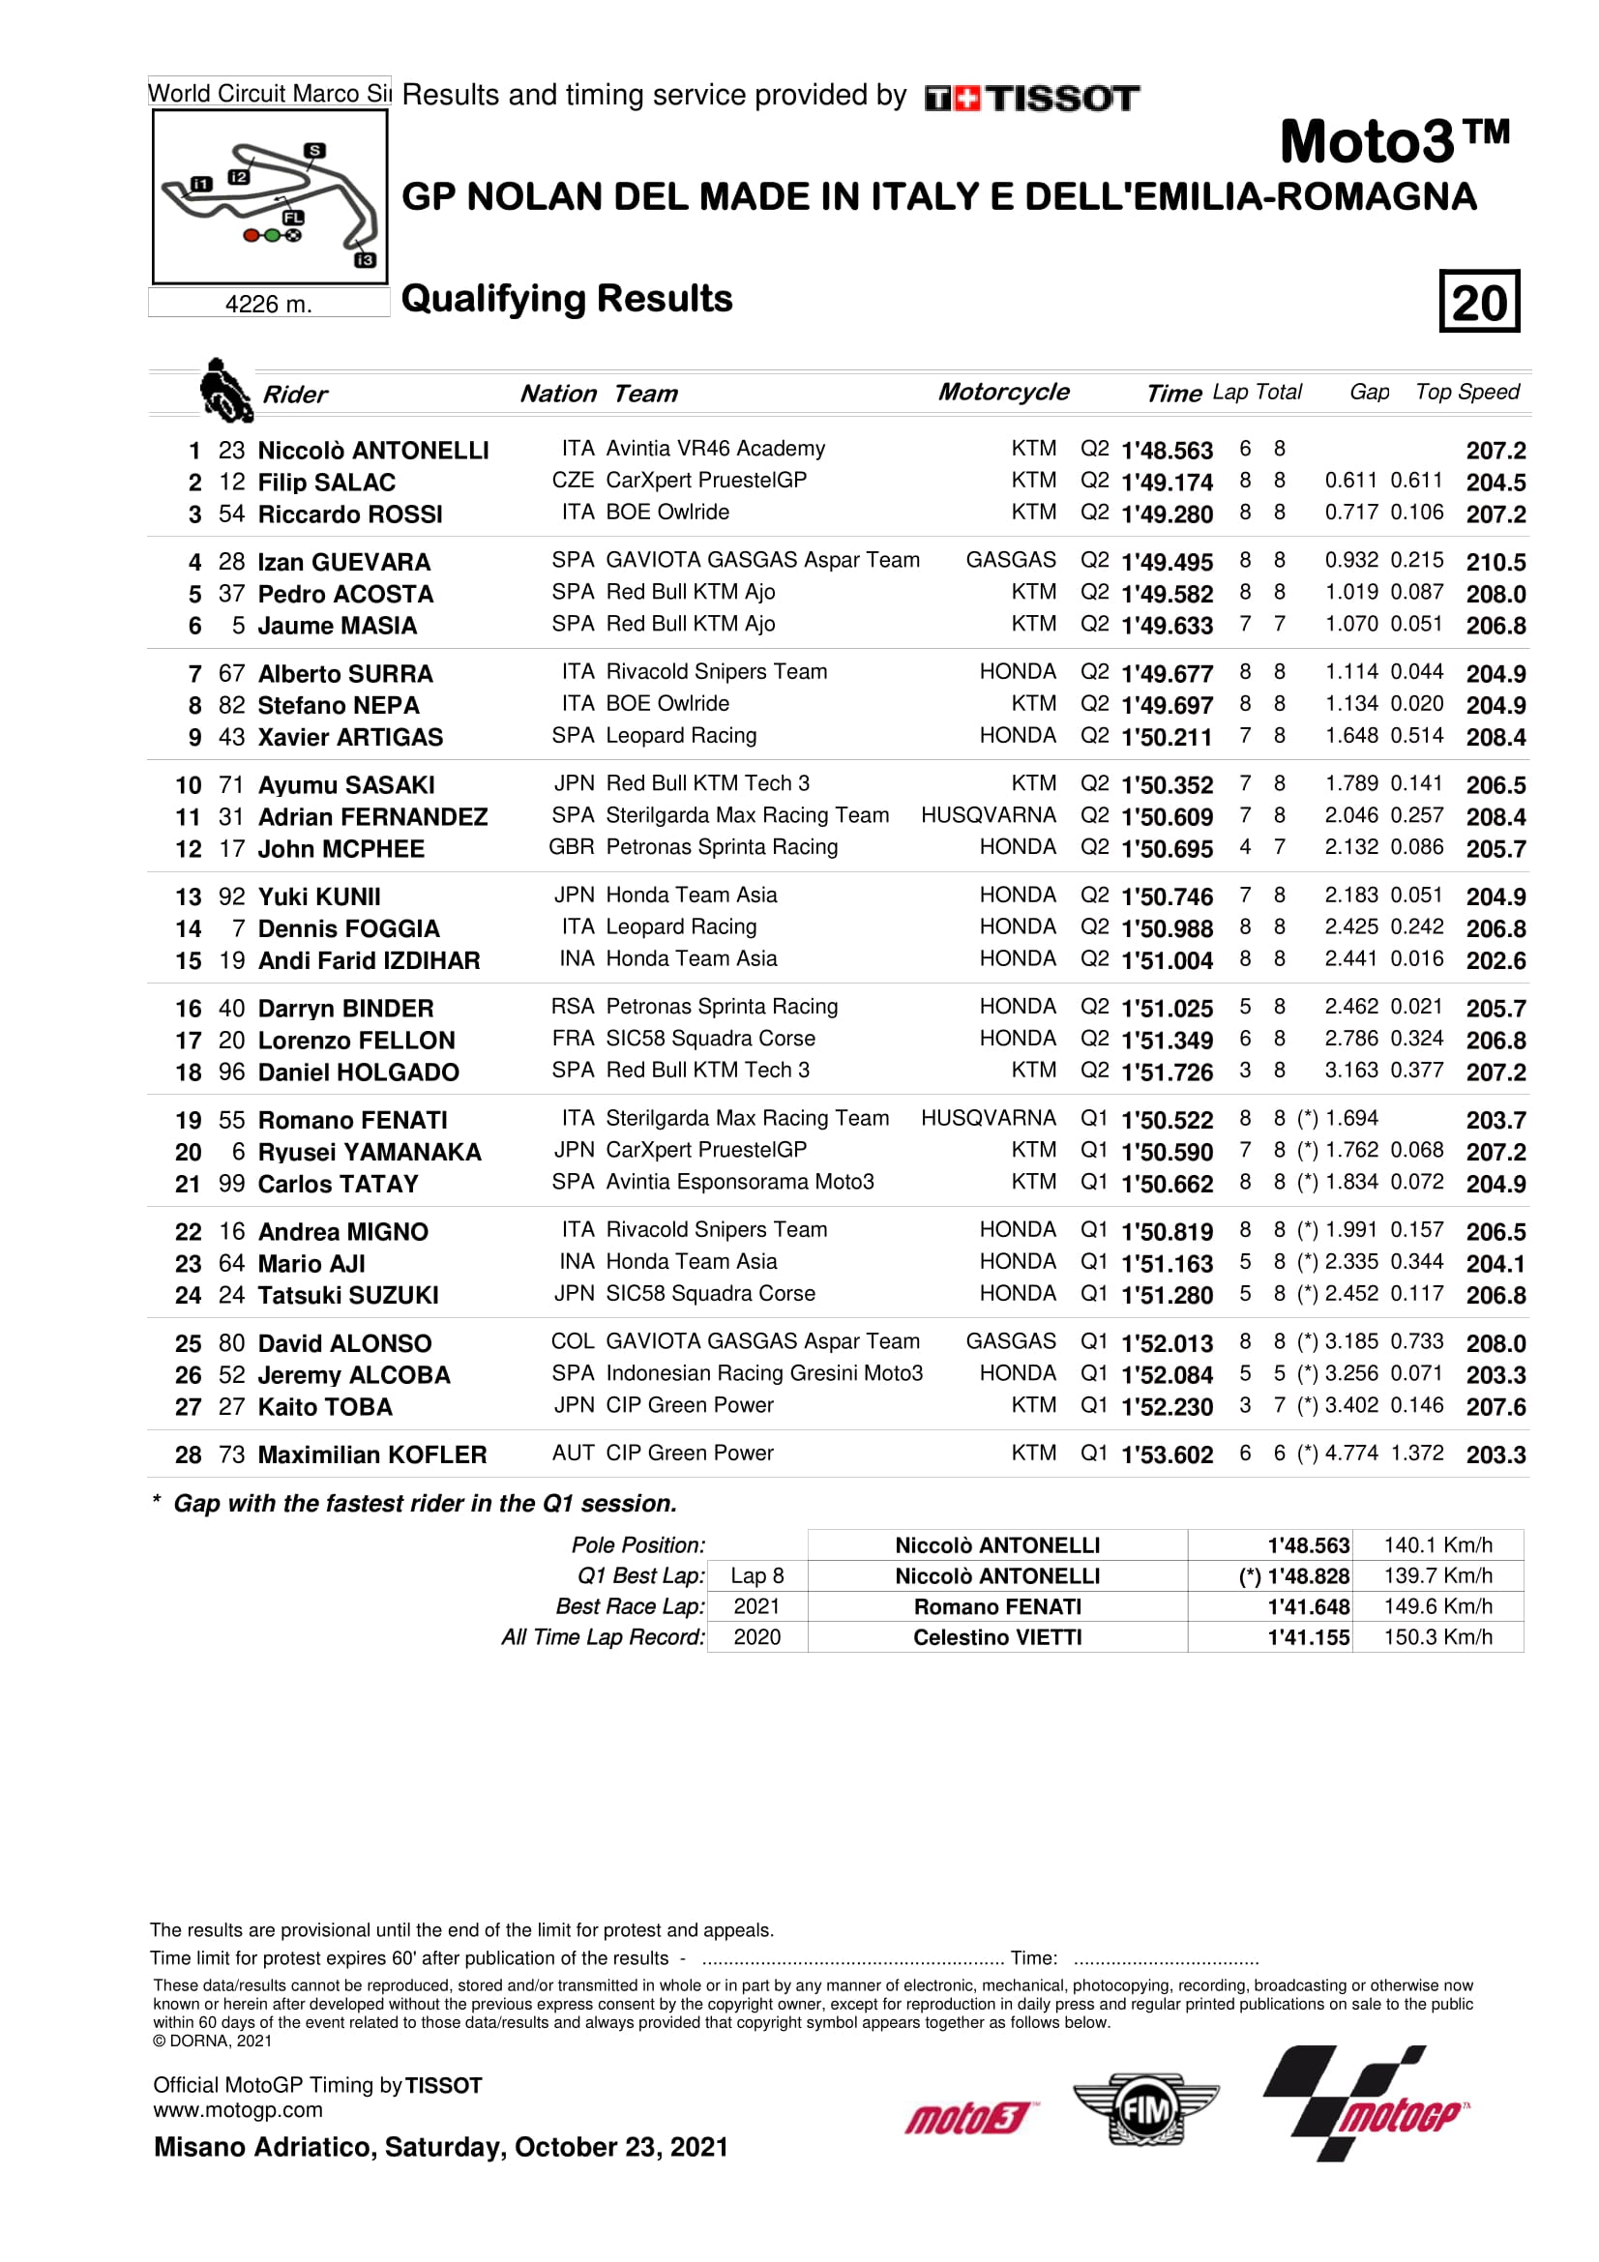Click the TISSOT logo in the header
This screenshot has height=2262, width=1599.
[x=1031, y=98]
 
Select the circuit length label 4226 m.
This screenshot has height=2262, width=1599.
[x=268, y=304]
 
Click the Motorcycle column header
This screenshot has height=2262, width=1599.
[x=1003, y=392]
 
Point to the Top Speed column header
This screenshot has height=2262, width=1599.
[x=1466, y=392]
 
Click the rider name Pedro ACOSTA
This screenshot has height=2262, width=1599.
[x=344, y=594]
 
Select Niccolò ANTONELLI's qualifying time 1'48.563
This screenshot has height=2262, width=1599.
[x=1167, y=451]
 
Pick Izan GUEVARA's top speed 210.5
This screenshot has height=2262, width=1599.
[x=1495, y=563]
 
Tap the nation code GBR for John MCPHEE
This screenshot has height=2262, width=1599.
[x=572, y=847]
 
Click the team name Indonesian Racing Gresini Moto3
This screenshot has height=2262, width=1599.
[x=764, y=1373]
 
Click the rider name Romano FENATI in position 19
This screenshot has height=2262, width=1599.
[x=352, y=1120]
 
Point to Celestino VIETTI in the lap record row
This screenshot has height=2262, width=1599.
[x=997, y=1637]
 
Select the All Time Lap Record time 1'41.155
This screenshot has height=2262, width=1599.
[x=1309, y=1637]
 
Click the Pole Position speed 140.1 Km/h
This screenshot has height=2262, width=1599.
[x=1437, y=1544]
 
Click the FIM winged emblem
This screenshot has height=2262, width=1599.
[x=1144, y=2109]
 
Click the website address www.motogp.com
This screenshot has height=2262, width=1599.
[x=237, y=2110]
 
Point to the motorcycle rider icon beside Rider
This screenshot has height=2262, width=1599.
[x=224, y=390]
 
